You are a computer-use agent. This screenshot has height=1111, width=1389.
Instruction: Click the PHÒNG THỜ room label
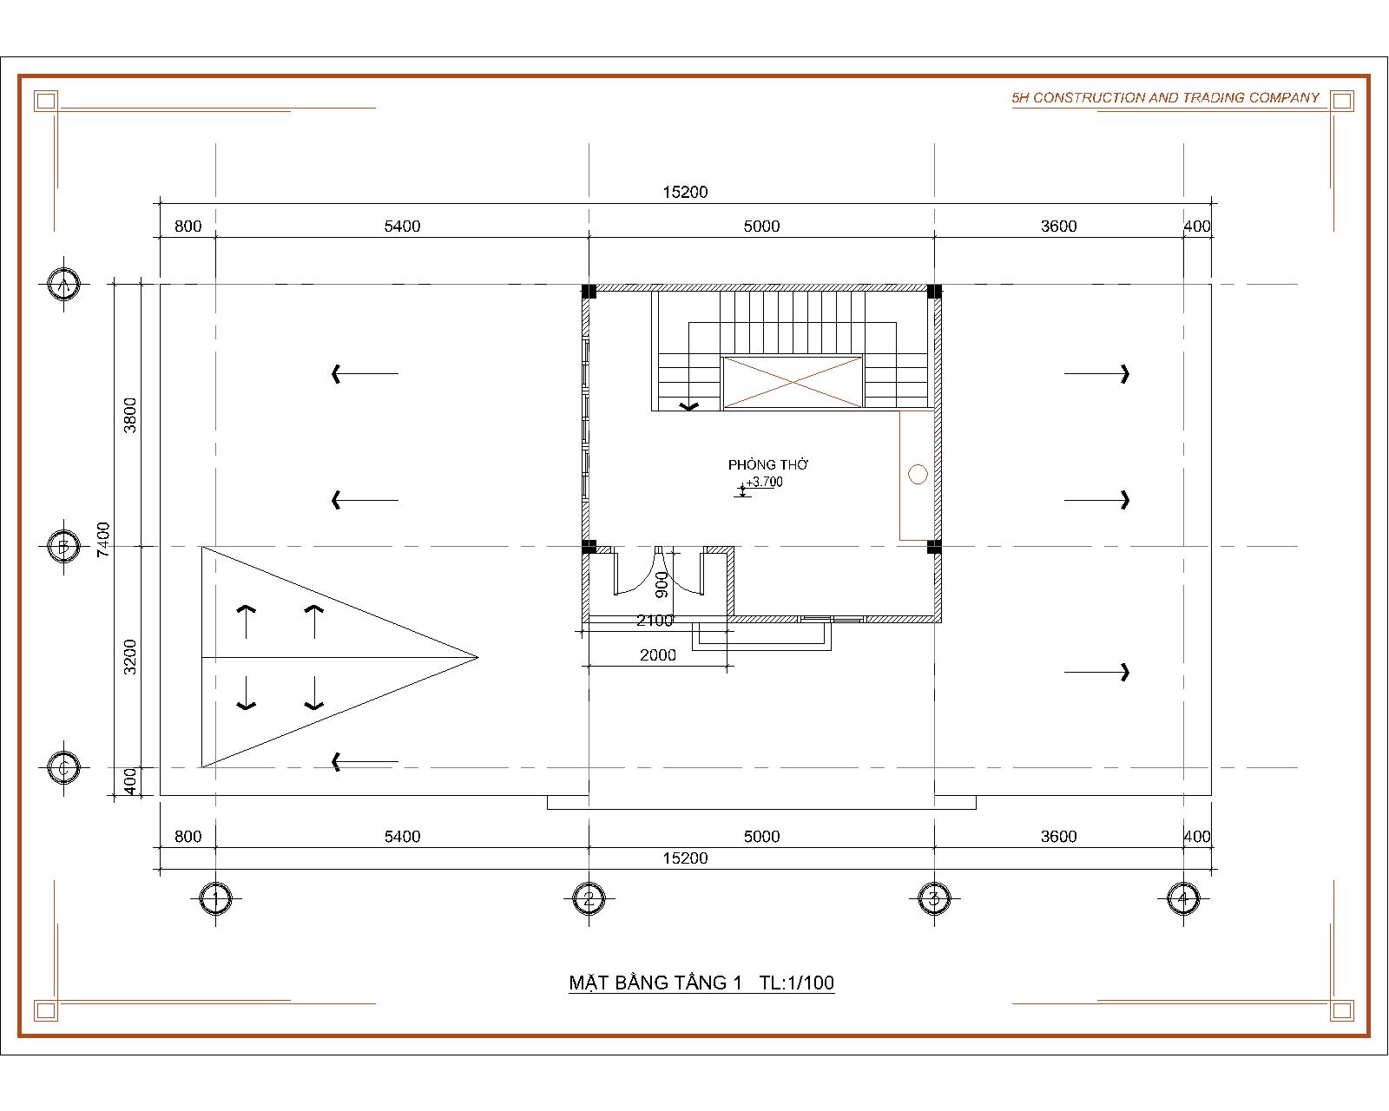click(768, 465)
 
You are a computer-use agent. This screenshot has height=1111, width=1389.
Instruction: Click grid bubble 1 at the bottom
click(215, 898)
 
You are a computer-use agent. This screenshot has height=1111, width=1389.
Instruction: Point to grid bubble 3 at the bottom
click(934, 898)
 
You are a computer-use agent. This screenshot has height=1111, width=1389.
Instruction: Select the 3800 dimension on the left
click(130, 415)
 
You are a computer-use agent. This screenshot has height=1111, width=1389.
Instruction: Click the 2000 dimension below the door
click(658, 655)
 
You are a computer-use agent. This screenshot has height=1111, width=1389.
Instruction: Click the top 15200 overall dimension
click(686, 192)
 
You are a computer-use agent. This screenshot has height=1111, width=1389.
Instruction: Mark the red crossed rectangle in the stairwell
click(793, 381)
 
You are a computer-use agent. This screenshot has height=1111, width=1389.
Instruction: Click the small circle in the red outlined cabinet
click(918, 474)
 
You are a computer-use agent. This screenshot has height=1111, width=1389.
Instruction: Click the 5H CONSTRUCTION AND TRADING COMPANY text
click(1165, 98)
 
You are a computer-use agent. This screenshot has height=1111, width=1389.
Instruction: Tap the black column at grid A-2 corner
click(589, 291)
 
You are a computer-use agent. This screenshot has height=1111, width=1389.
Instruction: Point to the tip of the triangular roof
click(477, 657)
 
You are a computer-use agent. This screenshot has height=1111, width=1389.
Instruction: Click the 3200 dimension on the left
click(130, 656)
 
